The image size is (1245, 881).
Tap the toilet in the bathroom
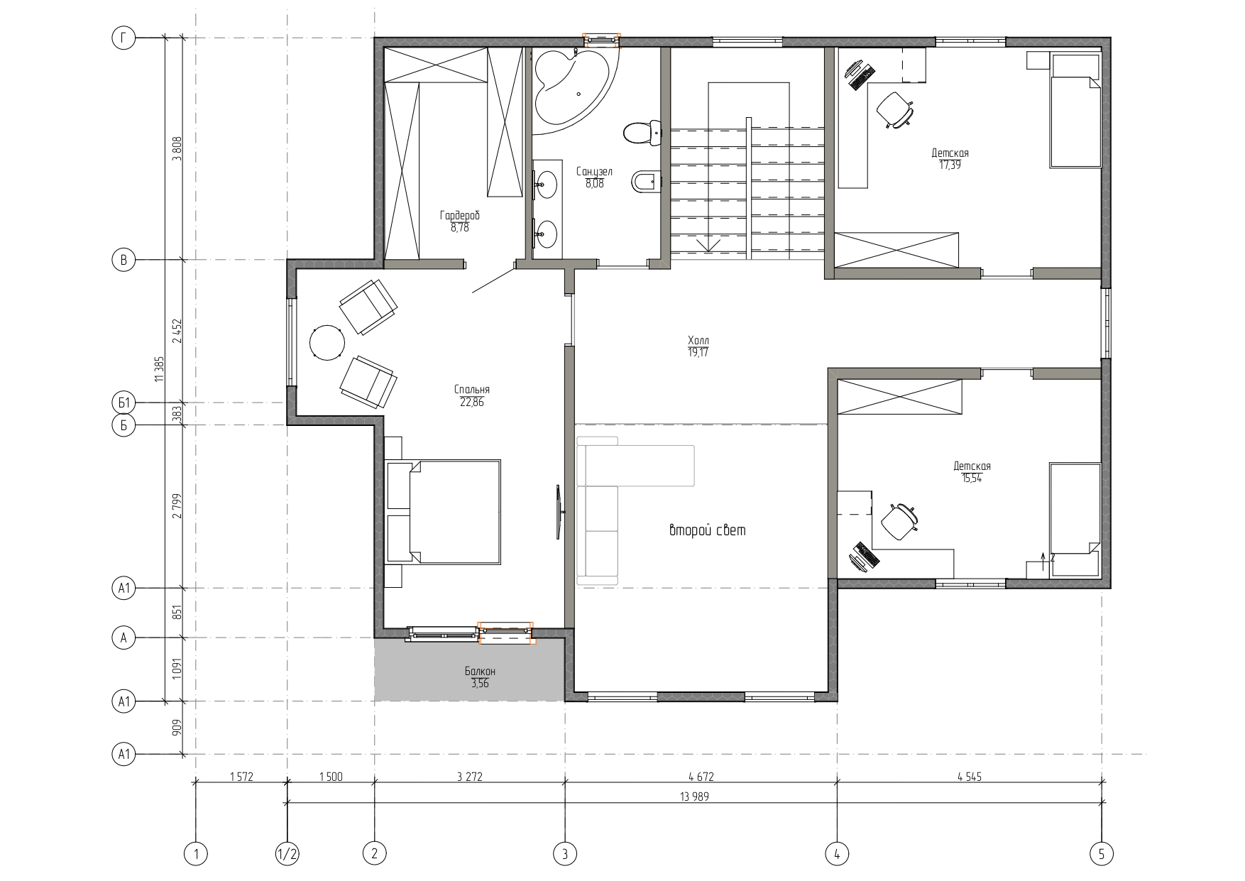click(642, 133)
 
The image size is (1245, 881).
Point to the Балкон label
click(480, 671)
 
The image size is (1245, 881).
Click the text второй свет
click(707, 530)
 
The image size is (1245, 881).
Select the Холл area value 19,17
click(698, 353)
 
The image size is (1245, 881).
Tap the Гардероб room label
click(459, 216)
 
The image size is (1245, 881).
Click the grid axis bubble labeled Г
click(124, 39)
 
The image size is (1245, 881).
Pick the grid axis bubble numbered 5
click(1102, 853)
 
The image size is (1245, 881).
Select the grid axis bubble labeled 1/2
click(287, 853)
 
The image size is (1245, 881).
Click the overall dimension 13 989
click(694, 797)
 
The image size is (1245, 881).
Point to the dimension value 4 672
click(701, 777)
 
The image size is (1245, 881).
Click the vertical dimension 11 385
click(158, 369)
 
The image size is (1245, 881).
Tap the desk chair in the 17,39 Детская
click(894, 109)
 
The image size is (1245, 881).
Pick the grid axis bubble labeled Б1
click(124, 403)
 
